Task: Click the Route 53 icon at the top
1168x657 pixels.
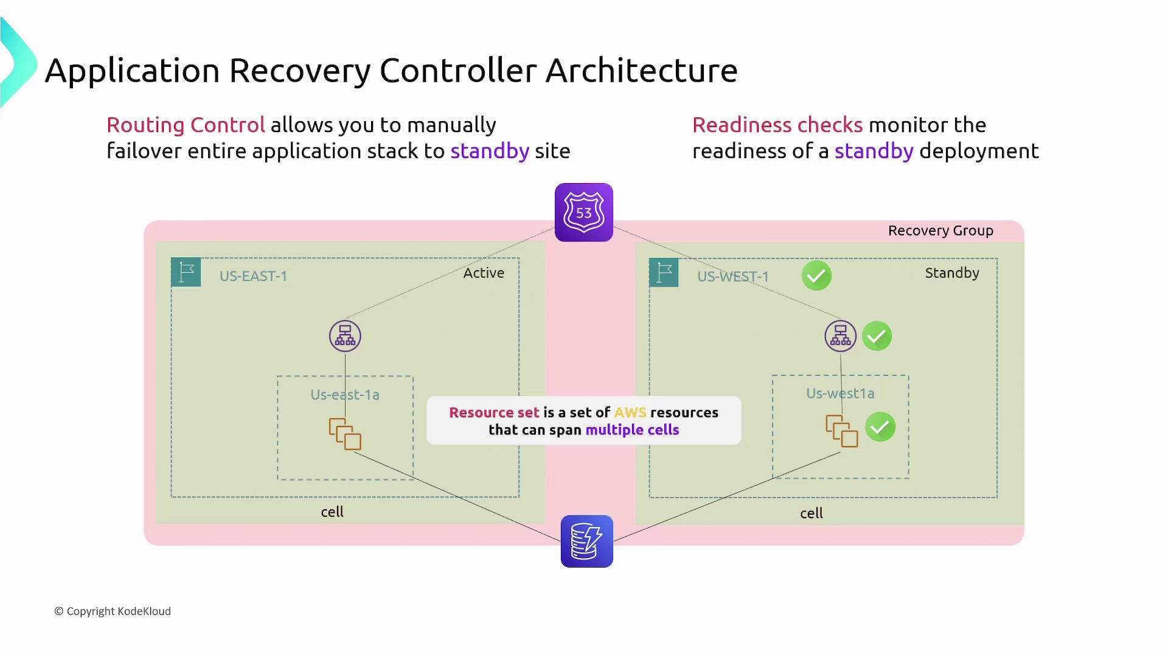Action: coord(583,212)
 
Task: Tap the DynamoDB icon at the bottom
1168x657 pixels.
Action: coord(586,541)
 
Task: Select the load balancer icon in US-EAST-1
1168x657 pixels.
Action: coord(345,336)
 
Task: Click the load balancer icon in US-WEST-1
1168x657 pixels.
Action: coord(840,336)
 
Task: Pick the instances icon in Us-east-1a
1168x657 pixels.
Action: coord(345,434)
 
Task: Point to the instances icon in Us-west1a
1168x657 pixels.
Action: coord(841,431)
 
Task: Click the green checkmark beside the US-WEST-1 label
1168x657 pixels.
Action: coord(816,276)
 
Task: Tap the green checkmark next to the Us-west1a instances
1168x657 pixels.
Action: coord(880,427)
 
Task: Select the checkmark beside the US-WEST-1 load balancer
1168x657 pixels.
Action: coord(877,336)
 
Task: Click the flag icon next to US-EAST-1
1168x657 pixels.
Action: coord(186,272)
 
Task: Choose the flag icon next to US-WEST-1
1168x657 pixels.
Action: coord(664,272)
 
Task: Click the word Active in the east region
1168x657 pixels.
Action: coord(484,273)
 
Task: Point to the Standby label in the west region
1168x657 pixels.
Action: coord(952,273)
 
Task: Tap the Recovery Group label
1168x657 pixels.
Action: coord(940,231)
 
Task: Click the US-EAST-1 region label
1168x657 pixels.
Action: coord(253,276)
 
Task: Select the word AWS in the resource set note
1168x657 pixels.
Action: coord(630,412)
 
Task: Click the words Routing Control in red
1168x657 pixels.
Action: coord(186,125)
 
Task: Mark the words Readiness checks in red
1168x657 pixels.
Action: coord(777,125)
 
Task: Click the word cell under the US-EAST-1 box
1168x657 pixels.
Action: coord(332,512)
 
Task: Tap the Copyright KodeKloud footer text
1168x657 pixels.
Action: coord(113,611)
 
